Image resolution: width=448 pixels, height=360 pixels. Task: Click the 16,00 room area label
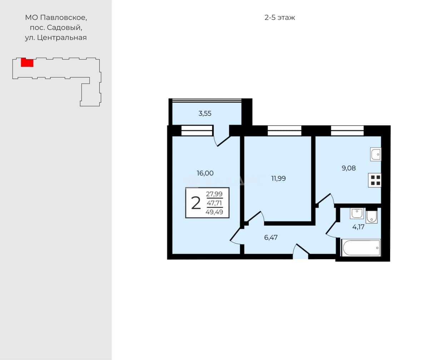[x=205, y=173]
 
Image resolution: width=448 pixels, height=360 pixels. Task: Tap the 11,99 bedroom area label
[x=278, y=178]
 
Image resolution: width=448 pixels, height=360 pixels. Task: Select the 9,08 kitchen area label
[x=349, y=168]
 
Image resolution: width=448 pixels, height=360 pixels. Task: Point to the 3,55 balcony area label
[x=205, y=114]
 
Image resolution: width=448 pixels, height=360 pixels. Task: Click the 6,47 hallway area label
[x=271, y=237]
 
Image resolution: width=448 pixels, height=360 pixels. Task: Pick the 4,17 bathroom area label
[x=358, y=227]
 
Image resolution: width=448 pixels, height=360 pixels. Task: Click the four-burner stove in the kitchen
[x=375, y=180]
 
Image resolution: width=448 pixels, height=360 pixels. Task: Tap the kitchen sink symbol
[x=376, y=154]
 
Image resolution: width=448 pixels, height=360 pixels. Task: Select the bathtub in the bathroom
[x=361, y=248]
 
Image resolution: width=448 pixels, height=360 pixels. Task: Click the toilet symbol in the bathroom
[x=372, y=216]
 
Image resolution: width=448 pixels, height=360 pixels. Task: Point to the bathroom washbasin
[x=357, y=213]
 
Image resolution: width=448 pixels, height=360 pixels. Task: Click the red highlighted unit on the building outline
[x=27, y=62]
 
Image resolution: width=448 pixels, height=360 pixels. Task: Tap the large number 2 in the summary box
[x=196, y=203]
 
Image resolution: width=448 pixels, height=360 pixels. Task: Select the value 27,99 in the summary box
[x=214, y=194]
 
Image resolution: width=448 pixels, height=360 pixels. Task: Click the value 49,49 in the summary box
[x=214, y=212]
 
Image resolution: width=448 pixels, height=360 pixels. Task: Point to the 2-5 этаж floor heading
[x=280, y=18]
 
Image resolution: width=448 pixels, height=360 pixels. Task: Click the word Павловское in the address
[x=64, y=18]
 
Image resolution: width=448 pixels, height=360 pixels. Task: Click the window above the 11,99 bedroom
[x=284, y=130]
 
